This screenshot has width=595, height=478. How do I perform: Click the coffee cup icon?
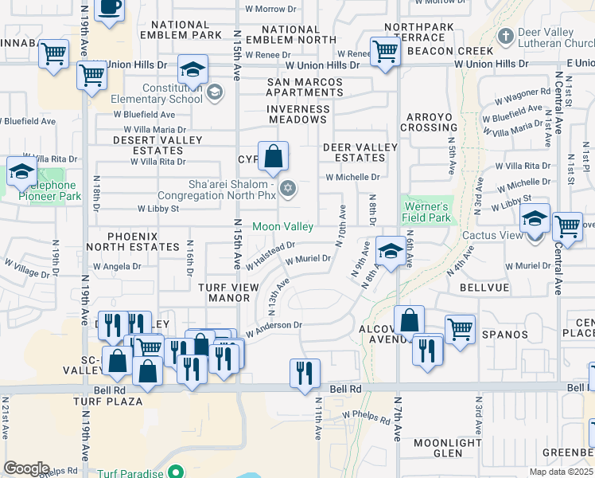[110, 7]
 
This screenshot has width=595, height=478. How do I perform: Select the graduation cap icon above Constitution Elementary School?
[192, 69]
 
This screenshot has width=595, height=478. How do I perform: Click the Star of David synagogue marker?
[289, 188]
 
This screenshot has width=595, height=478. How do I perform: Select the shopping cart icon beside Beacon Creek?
[386, 51]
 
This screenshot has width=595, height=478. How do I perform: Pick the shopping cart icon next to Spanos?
[461, 327]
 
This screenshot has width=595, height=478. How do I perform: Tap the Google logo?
[25, 468]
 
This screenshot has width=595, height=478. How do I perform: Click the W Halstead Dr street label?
[270, 254]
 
